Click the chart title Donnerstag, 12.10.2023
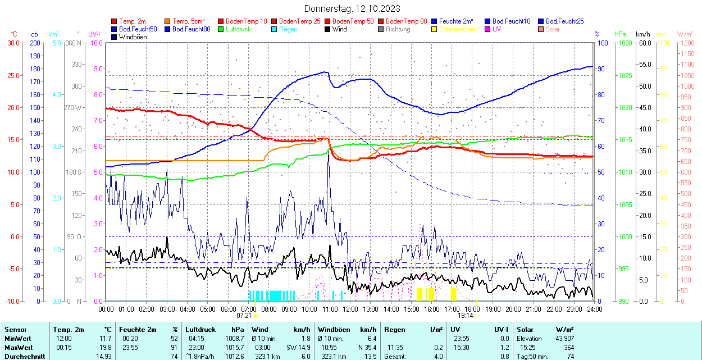(x=353, y=8)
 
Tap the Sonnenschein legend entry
(x=458, y=29)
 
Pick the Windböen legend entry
(x=131, y=37)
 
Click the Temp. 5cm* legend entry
(x=188, y=21)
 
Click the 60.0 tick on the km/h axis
(x=644, y=43)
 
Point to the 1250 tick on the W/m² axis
(x=687, y=43)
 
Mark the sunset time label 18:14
(x=466, y=316)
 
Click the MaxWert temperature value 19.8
(x=106, y=348)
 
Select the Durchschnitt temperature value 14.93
(x=104, y=357)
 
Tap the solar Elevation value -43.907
(x=563, y=339)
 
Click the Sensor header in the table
(x=15, y=330)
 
